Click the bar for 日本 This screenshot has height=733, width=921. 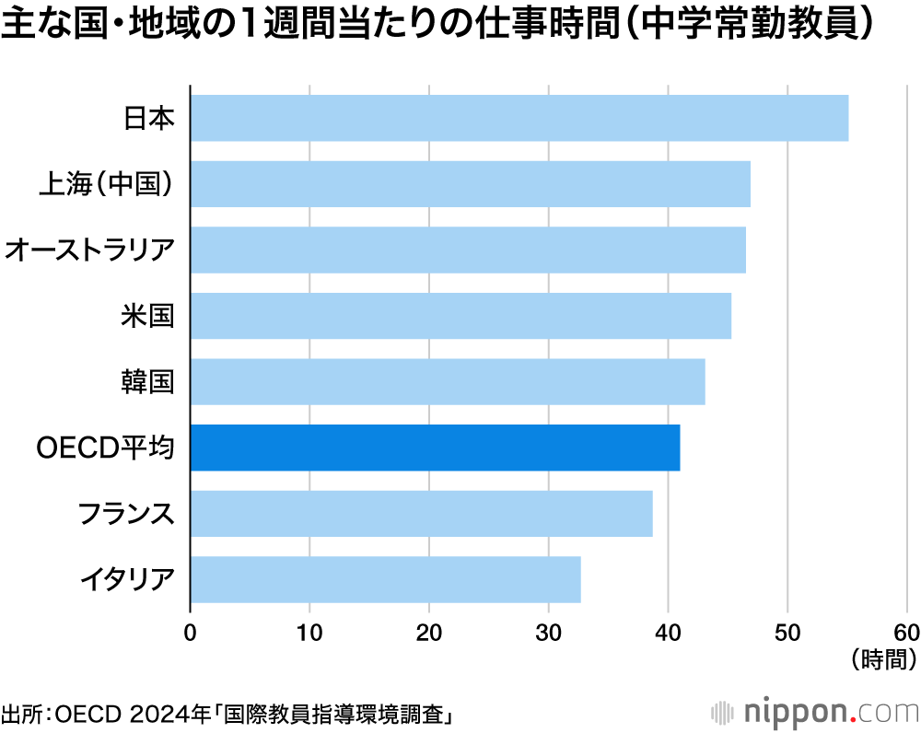pyautogui.click(x=519, y=118)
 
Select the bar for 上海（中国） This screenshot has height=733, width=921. pyautogui.click(x=470, y=184)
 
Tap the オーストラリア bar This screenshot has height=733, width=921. pyautogui.click(x=468, y=250)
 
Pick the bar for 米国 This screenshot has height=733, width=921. pyautogui.click(x=460, y=316)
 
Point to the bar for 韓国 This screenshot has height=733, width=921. pyautogui.click(x=448, y=381)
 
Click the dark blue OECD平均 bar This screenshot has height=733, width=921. pyautogui.click(x=435, y=448)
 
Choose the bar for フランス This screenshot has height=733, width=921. pyautogui.click(x=421, y=513)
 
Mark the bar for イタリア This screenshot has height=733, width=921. pyautogui.click(x=385, y=579)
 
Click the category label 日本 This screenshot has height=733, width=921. pyautogui.click(x=148, y=119)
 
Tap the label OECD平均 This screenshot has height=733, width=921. pyautogui.click(x=105, y=448)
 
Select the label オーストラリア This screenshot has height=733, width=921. pyautogui.click(x=89, y=250)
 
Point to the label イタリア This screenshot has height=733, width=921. pyautogui.click(x=126, y=580)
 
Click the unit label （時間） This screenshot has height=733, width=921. pyautogui.click(x=883, y=658)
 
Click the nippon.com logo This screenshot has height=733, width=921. pyautogui.click(x=815, y=712)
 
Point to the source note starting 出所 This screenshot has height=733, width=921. pyautogui.click(x=230, y=714)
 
